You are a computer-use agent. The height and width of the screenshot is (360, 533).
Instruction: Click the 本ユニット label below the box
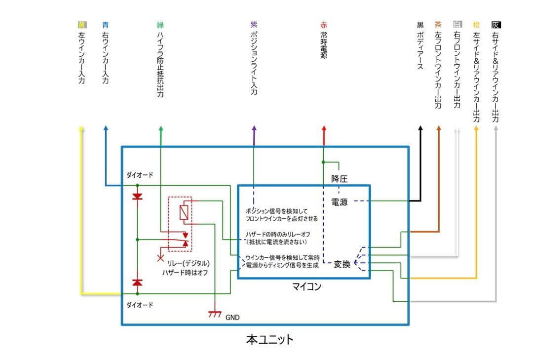tap(269, 340)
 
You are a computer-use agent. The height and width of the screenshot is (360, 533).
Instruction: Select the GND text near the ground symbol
tap(232, 318)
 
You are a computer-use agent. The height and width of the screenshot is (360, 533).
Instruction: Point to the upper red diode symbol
tap(137, 197)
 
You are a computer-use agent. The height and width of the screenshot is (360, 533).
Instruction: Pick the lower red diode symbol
tap(137, 282)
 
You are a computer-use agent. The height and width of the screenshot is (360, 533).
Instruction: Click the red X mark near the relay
tap(159, 258)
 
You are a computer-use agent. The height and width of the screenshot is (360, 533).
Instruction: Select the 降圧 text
tap(339, 179)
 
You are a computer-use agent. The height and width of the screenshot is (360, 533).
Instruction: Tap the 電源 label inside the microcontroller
tap(339, 201)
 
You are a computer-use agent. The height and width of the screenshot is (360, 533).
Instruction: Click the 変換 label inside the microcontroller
tap(342, 264)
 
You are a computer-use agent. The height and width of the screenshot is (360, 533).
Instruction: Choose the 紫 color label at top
tap(254, 24)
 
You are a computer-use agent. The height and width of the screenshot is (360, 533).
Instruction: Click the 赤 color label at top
tap(324, 24)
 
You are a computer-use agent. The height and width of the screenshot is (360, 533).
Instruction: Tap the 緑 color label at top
tap(160, 24)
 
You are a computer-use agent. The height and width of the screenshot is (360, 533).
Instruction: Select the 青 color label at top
tap(105, 24)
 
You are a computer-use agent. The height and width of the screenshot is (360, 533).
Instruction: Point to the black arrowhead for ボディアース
tap(420, 128)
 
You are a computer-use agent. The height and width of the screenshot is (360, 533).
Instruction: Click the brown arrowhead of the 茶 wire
tap(439, 128)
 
